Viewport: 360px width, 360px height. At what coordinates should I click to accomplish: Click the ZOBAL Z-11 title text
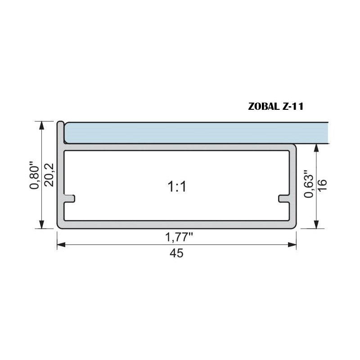(276, 107)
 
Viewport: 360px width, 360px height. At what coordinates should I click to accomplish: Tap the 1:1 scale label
(176, 186)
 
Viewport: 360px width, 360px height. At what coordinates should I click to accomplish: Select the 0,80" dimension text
(35, 175)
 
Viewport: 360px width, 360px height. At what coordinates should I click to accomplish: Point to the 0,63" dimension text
(308, 184)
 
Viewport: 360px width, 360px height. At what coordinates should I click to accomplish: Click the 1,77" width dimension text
(176, 236)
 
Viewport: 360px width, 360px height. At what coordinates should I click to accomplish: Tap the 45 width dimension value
(176, 253)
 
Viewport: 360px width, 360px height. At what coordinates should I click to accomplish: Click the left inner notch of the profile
(70, 198)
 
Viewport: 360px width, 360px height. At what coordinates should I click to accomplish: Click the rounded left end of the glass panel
(66, 133)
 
